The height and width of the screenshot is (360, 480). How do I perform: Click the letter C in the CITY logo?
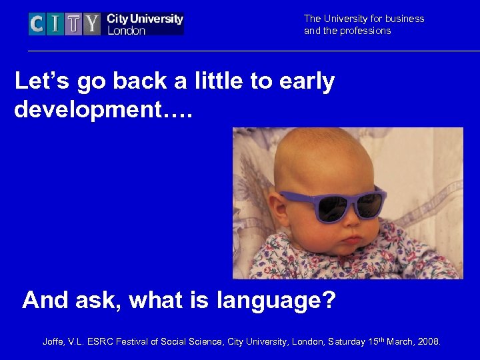(37, 24)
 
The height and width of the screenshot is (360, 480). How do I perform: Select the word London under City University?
(126, 30)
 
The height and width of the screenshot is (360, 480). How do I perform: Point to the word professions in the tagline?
(366, 31)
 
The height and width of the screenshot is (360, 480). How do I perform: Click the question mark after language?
(328, 301)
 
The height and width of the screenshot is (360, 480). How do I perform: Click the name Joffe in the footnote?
(54, 342)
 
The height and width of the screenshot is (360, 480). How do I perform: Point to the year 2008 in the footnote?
(428, 342)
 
